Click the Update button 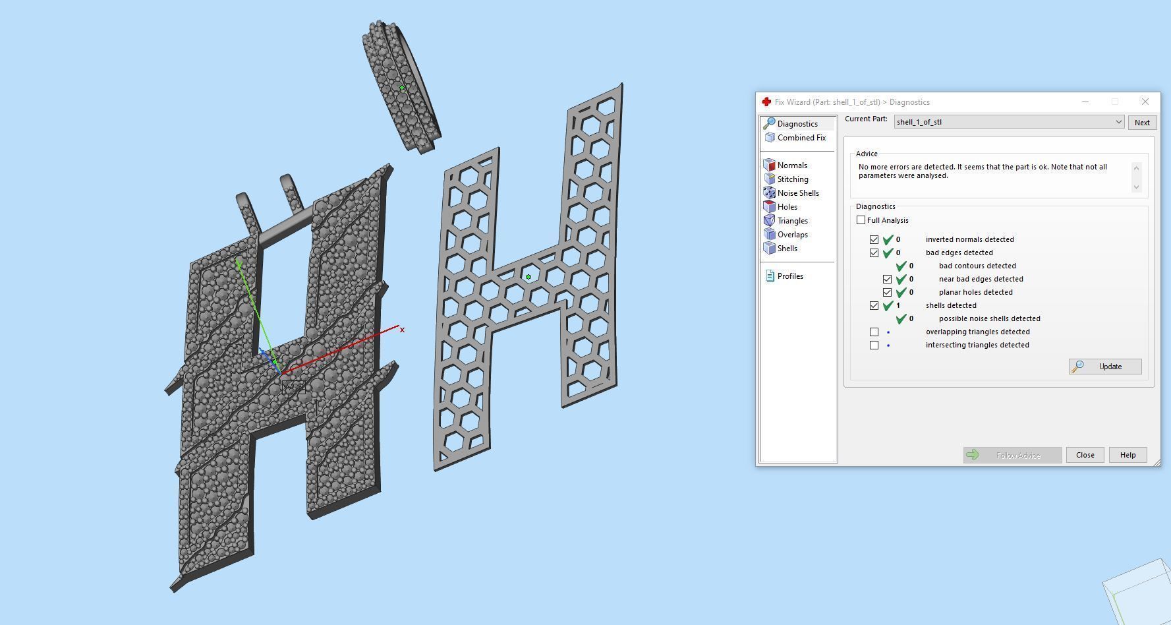tap(1105, 367)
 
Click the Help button tap(1128, 455)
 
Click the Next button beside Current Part tap(1142, 123)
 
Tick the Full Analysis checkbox tap(861, 220)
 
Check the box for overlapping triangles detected tap(874, 332)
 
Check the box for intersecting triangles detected tap(874, 345)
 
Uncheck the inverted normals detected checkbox tap(874, 239)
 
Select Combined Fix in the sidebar tap(801, 138)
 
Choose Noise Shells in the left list tap(797, 193)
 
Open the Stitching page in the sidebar tap(792, 179)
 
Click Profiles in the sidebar tap(789, 276)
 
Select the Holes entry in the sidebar tap(787, 207)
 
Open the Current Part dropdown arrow tap(1118, 122)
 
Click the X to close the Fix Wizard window tap(1145, 102)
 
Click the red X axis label tap(402, 330)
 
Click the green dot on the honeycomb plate tap(528, 277)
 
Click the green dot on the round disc tap(402, 88)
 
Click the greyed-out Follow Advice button tap(1012, 455)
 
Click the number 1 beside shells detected tap(898, 305)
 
